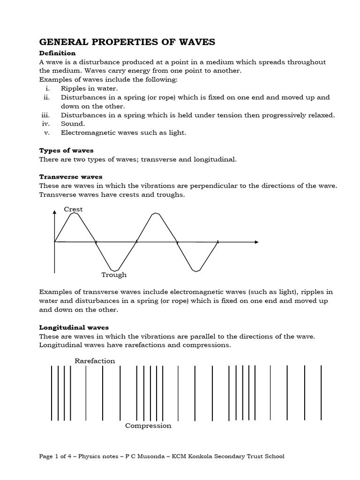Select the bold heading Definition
tap(57, 53)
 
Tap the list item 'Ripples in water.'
tap(89, 89)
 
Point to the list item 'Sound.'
tap(73, 124)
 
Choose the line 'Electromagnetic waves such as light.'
tap(123, 133)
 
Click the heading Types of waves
tap(66, 150)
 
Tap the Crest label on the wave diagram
tap(73, 209)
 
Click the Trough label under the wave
tap(114, 275)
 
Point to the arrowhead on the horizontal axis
tap(256, 242)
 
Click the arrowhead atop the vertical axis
tap(55, 212)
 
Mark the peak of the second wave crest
tap(156, 214)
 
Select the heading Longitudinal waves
tap(74, 327)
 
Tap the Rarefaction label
tap(95, 360)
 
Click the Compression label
tap(148, 426)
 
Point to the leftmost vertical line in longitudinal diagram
tap(52, 393)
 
